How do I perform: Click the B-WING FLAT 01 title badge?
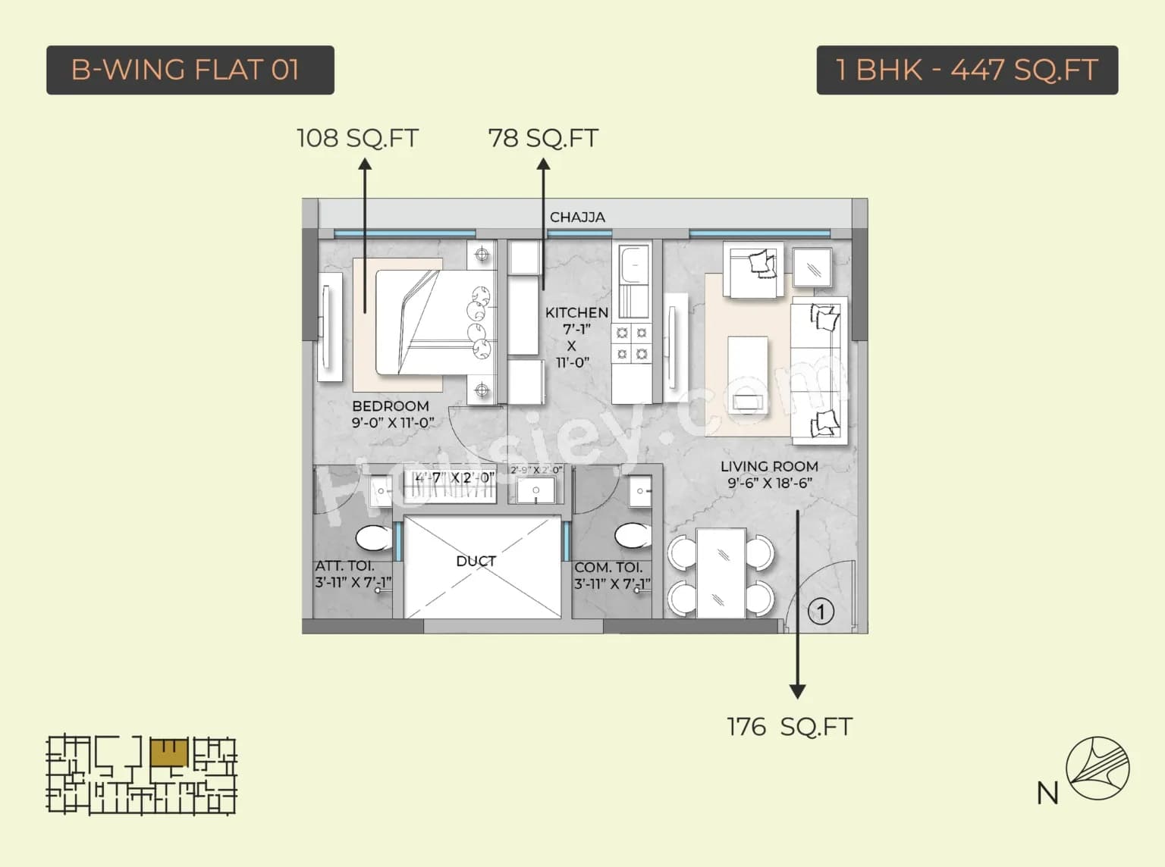(x=190, y=70)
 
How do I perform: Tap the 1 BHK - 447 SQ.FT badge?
(x=966, y=70)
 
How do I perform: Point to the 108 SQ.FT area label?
(x=357, y=138)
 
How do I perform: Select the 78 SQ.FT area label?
(x=543, y=138)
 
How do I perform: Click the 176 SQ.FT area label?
(x=789, y=726)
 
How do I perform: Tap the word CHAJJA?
(x=577, y=217)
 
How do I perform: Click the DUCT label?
(x=476, y=561)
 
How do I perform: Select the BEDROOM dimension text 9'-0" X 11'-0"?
(x=392, y=423)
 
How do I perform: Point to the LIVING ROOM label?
(x=769, y=466)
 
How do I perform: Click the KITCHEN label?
(x=576, y=312)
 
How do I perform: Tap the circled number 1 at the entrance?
(x=820, y=612)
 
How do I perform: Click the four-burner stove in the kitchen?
(x=632, y=343)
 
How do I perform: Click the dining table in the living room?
(x=721, y=573)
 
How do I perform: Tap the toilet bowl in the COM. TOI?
(x=632, y=535)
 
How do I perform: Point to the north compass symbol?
(x=1097, y=768)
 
